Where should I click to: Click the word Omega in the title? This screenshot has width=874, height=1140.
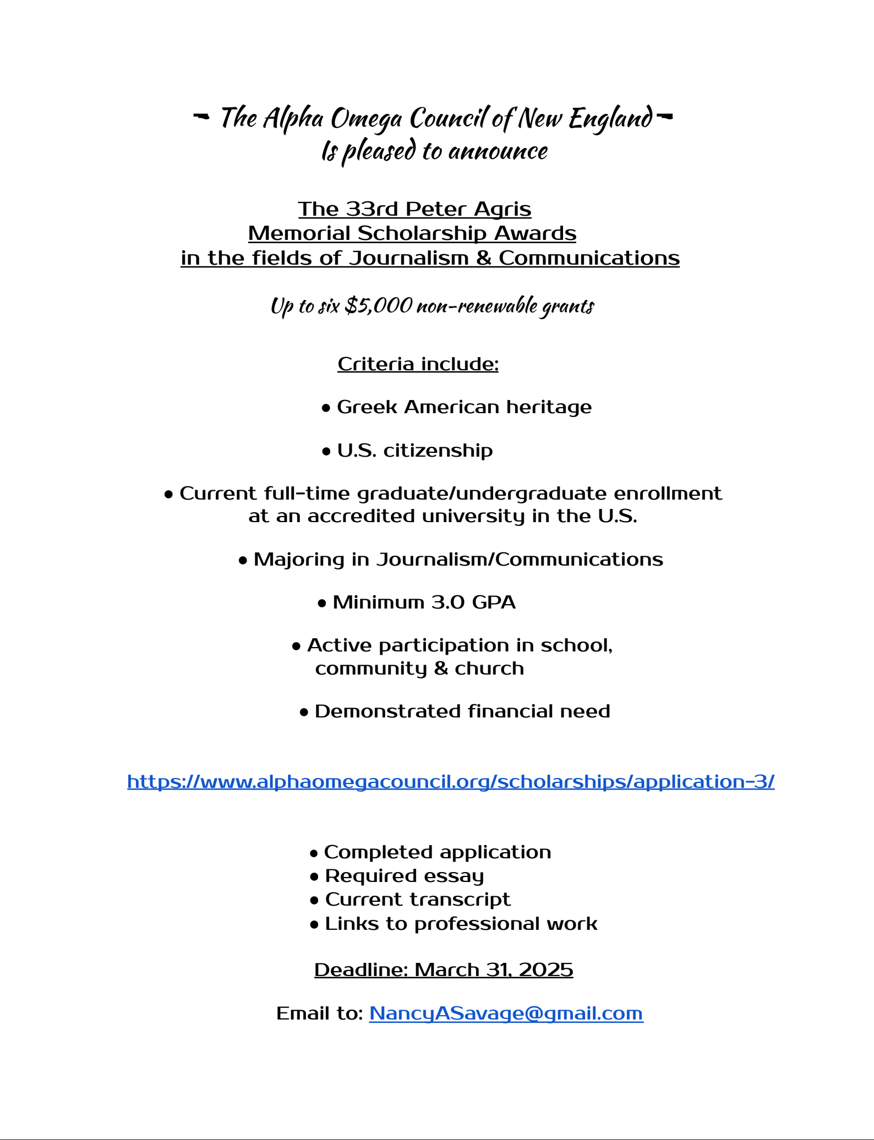[x=366, y=119]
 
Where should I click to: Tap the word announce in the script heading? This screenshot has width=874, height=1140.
[x=498, y=151]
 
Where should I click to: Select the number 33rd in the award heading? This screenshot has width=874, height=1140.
[x=372, y=209]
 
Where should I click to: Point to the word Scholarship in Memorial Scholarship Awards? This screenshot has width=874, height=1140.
[x=422, y=233]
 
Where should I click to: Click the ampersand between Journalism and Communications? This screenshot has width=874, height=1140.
[x=484, y=258]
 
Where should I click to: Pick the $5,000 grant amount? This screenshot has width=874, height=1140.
[x=379, y=305]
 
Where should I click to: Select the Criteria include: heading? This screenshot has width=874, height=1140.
[x=418, y=364]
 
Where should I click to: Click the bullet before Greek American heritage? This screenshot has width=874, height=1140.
[x=326, y=408]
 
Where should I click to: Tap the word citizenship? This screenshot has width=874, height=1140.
[x=438, y=451]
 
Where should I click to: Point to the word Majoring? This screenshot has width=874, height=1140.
[x=299, y=560]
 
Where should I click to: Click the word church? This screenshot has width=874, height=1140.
[x=489, y=668]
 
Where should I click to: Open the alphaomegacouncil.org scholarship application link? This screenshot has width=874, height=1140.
[x=451, y=781]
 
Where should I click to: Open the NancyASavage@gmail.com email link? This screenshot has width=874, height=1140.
[x=506, y=1013]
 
